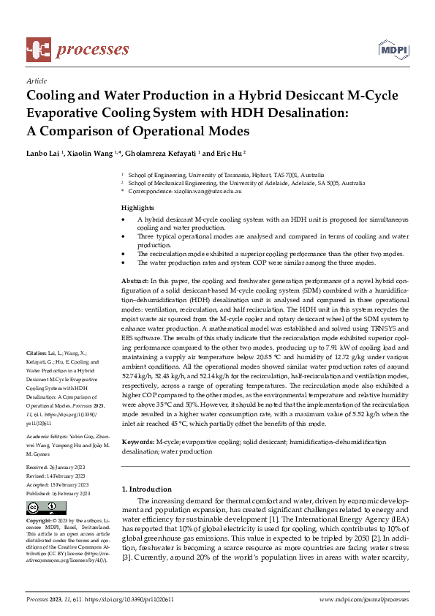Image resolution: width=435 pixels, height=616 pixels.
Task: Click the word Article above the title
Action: (x=37, y=82)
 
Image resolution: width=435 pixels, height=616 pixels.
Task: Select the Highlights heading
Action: (x=137, y=208)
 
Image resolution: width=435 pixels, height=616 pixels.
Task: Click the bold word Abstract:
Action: (x=136, y=282)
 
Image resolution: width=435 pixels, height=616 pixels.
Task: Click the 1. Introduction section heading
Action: (x=147, y=489)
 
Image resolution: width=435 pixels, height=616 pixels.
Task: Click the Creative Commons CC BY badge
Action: (x=42, y=508)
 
